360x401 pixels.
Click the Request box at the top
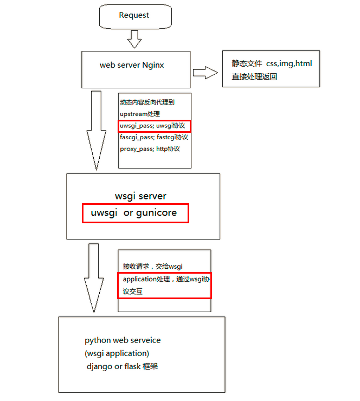click(x=134, y=16)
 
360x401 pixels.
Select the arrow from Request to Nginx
click(x=134, y=39)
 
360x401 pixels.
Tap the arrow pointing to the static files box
click(x=205, y=72)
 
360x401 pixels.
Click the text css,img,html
click(x=289, y=63)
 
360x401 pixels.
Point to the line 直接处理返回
click(x=255, y=76)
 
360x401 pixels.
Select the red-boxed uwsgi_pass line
click(x=155, y=126)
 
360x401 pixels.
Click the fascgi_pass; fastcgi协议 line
click(x=153, y=137)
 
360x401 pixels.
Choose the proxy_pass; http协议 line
click(x=150, y=148)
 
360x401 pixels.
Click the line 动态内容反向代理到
click(x=147, y=102)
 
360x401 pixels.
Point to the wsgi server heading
click(x=141, y=196)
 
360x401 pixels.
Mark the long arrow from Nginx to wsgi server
click(x=97, y=130)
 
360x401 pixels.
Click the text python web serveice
click(x=123, y=340)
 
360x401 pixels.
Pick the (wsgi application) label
click(x=117, y=353)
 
